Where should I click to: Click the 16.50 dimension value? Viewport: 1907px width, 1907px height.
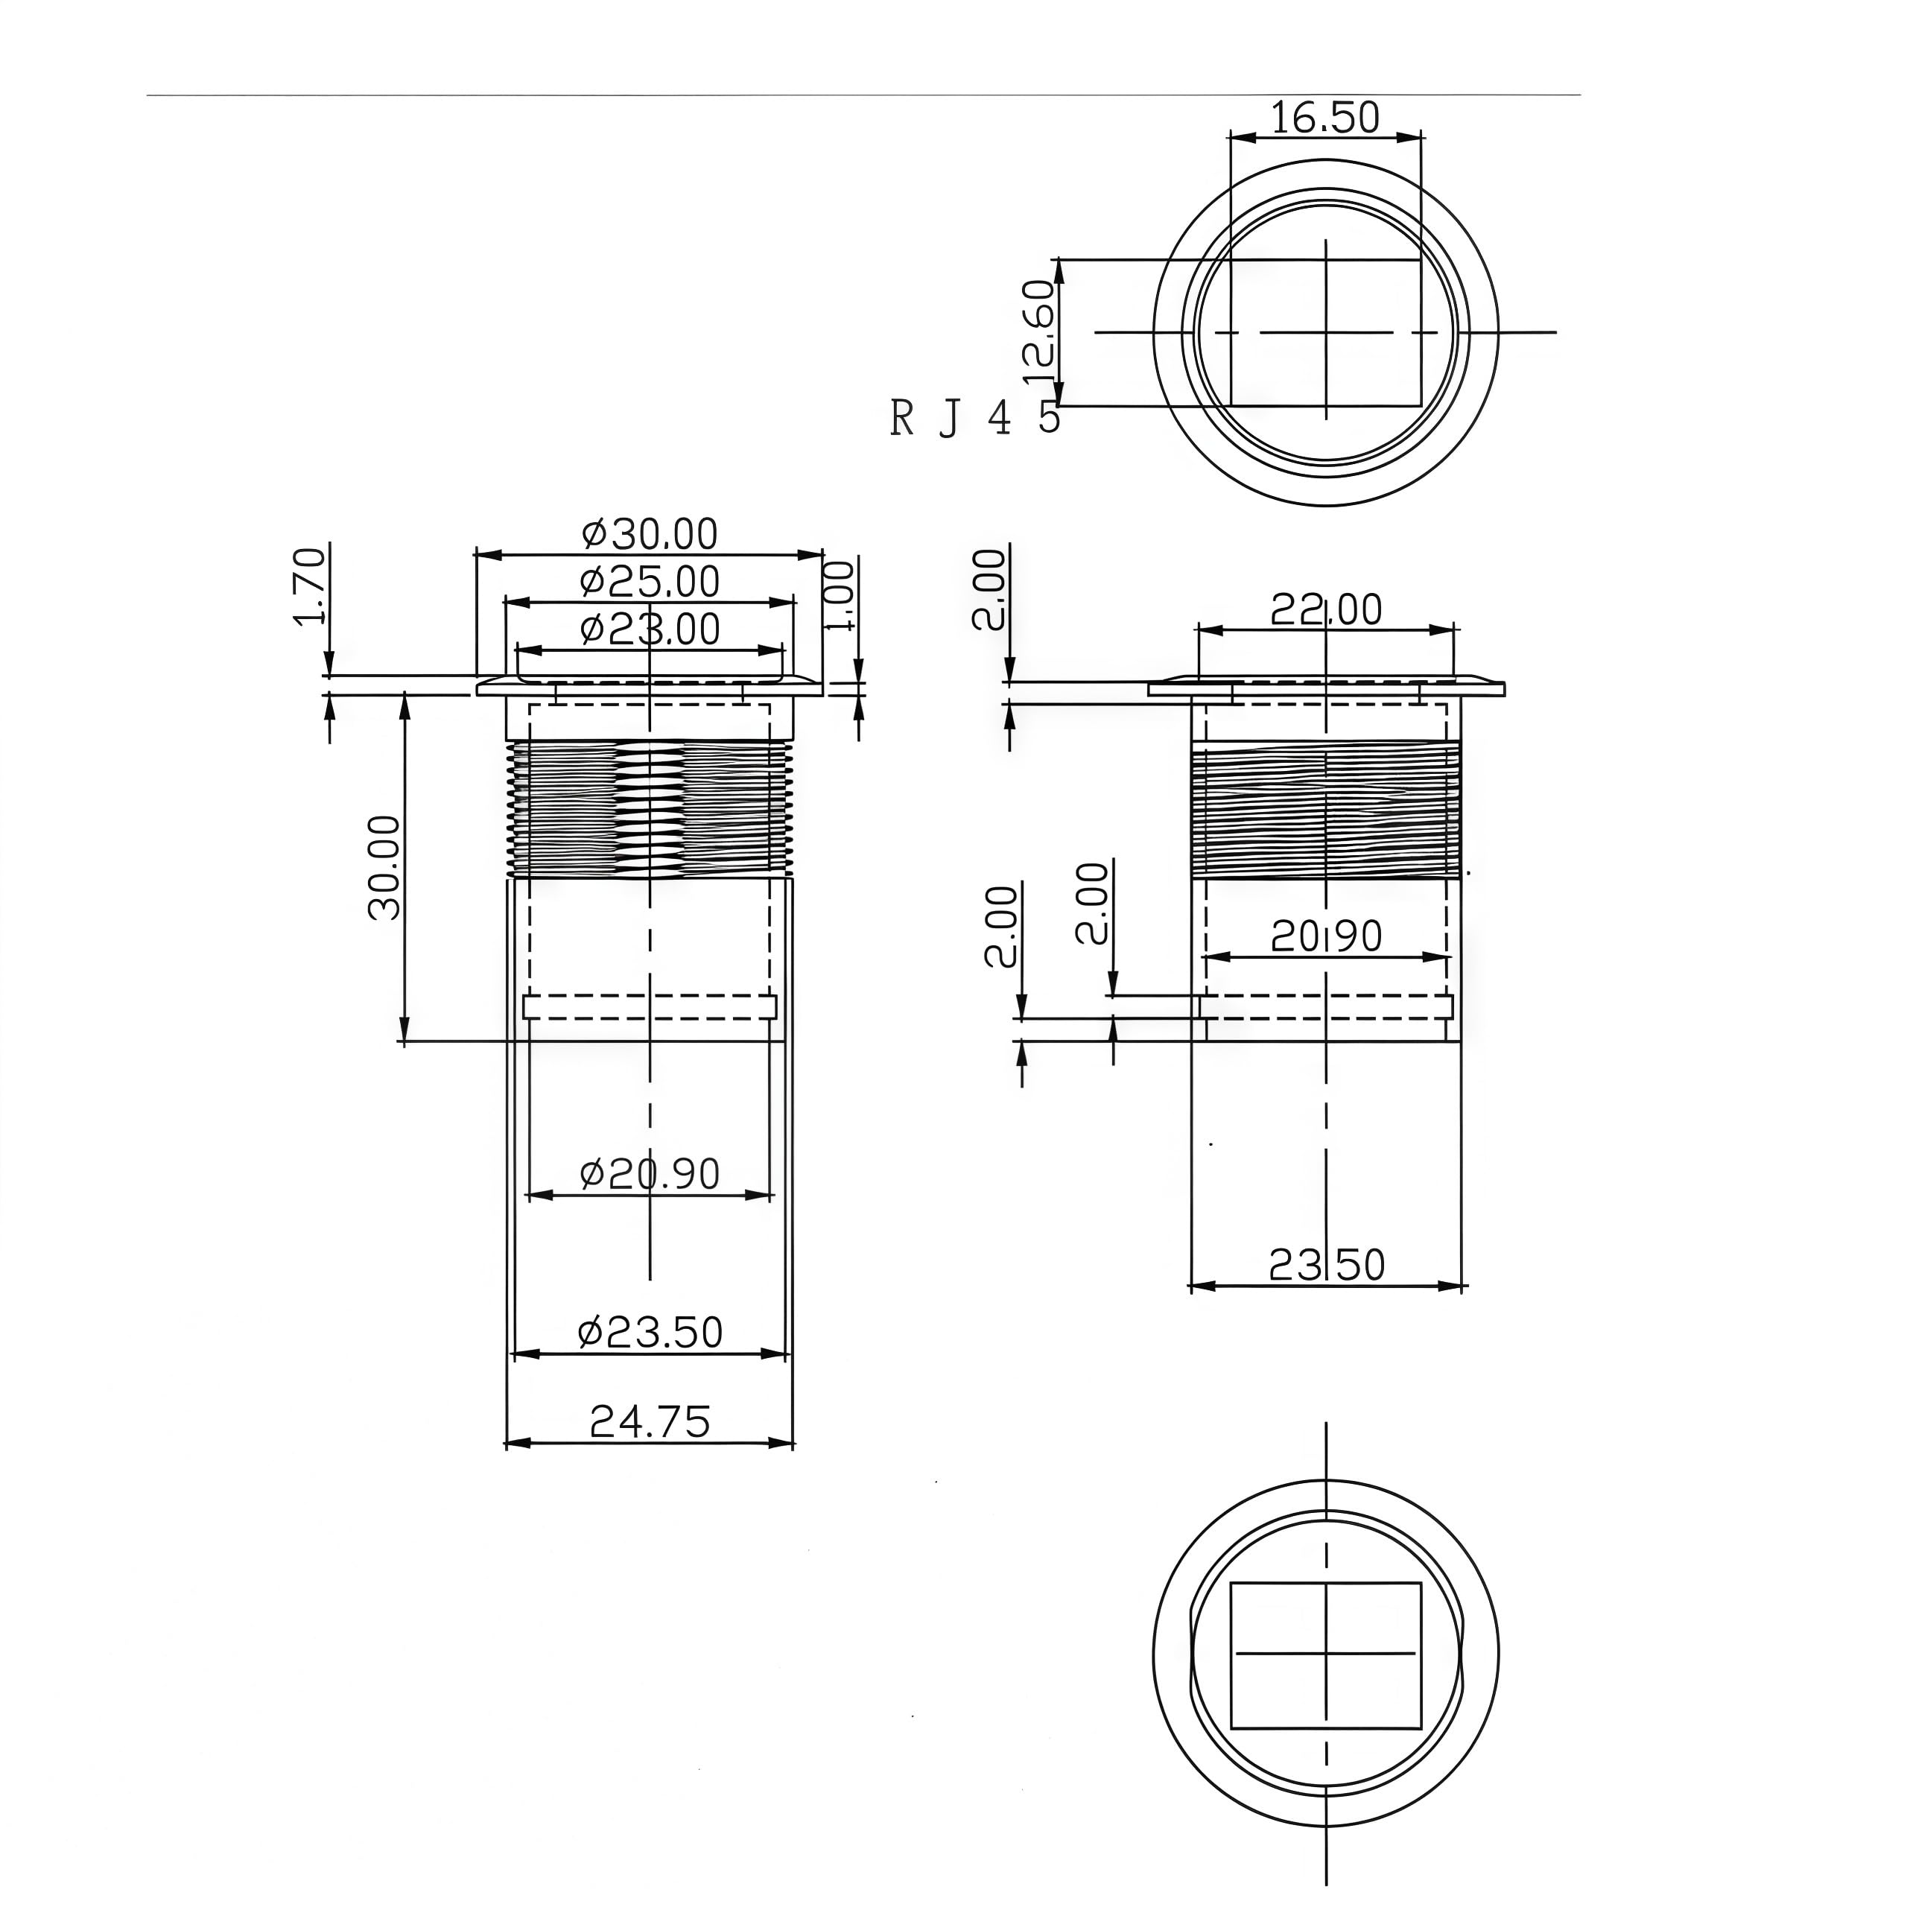click(x=1324, y=118)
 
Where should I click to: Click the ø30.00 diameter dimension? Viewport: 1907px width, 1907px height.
click(x=650, y=534)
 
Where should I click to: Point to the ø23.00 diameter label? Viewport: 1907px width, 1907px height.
click(x=650, y=629)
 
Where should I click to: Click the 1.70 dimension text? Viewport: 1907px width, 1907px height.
click(x=310, y=586)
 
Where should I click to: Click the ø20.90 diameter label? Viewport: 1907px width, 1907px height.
click(x=650, y=1173)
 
